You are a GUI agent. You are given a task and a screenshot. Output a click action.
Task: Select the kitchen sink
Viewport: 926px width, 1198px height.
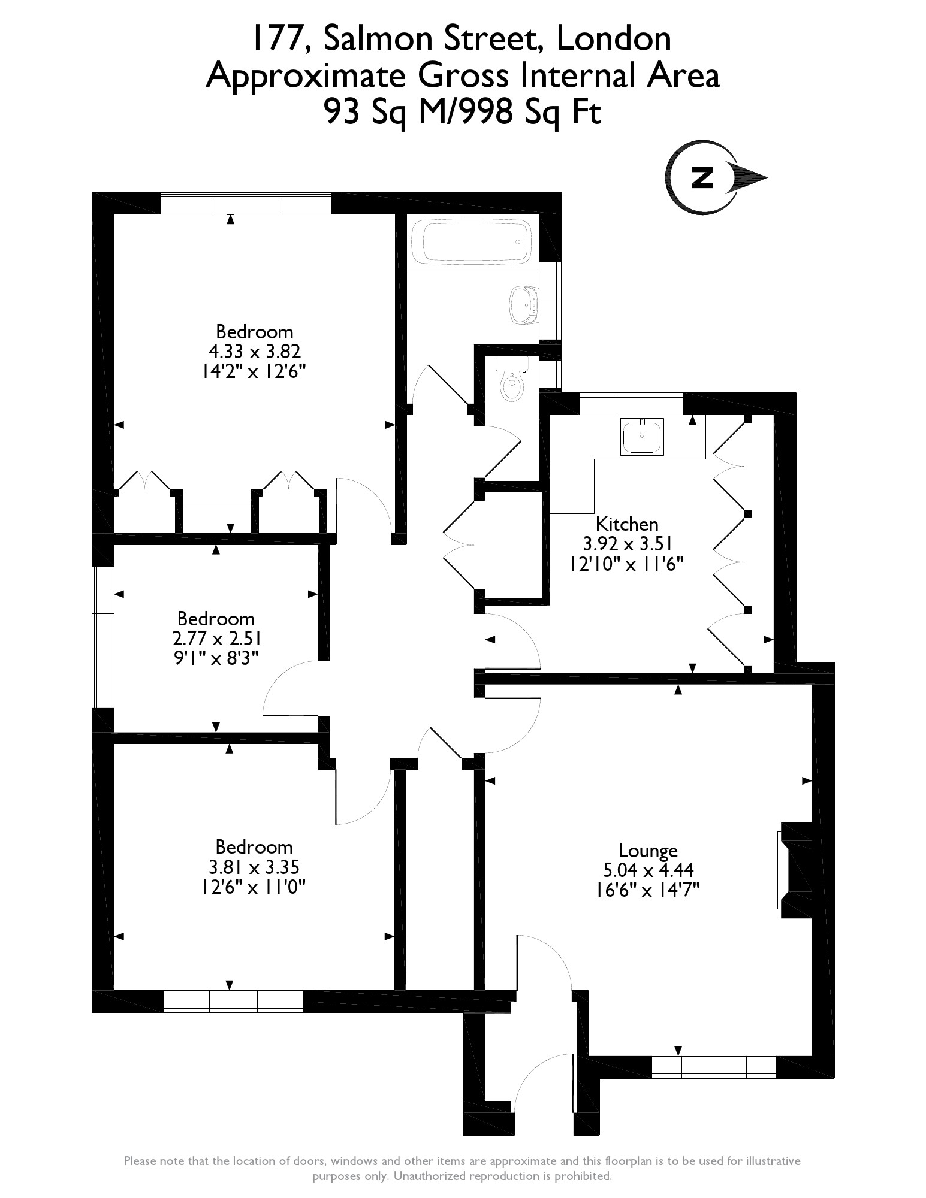tap(643, 436)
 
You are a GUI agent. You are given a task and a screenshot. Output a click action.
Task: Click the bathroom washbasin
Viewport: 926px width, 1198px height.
tap(523, 304)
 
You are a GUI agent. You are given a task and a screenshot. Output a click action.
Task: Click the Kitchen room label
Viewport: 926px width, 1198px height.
tap(628, 524)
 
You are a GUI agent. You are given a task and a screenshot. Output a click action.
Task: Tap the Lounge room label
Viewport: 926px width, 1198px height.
tap(648, 850)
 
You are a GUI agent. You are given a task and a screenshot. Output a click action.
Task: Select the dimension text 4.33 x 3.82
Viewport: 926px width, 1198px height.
tap(254, 351)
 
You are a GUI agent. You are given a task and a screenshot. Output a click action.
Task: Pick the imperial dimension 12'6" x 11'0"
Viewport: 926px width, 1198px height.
tap(254, 886)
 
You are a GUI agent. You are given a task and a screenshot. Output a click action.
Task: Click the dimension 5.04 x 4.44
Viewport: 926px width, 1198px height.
tap(648, 869)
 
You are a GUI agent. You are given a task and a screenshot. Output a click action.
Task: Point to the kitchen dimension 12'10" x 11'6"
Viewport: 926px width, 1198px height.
tap(628, 563)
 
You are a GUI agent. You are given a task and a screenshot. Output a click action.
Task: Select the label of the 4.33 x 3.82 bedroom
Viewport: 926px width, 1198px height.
tap(255, 332)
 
